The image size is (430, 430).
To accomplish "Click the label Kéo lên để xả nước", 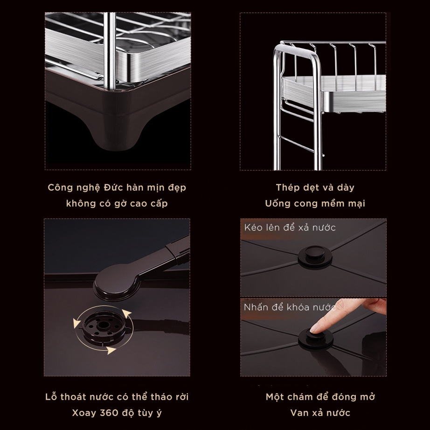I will click(x=290, y=228).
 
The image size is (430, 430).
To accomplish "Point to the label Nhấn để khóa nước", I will click(x=290, y=307).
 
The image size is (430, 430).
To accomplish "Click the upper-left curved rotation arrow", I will click(x=80, y=317).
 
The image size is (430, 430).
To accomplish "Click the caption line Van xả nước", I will click(x=320, y=413).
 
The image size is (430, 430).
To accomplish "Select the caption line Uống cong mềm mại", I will click(x=315, y=203).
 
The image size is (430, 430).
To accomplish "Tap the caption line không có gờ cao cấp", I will click(x=117, y=203).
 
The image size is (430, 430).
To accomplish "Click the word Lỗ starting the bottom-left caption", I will click(x=51, y=397).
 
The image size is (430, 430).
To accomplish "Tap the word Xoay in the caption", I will click(x=83, y=413).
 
